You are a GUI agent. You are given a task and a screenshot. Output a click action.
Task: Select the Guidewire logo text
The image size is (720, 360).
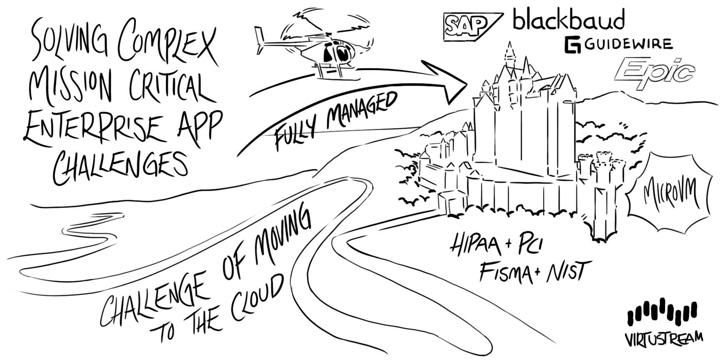(618, 45)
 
